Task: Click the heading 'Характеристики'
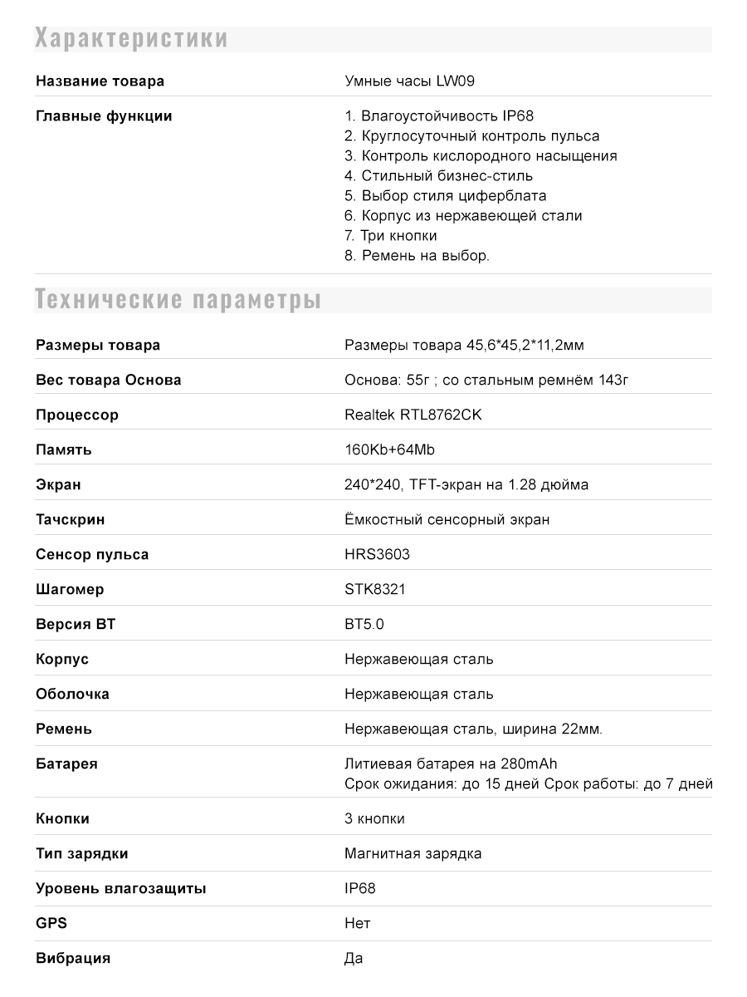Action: (132, 39)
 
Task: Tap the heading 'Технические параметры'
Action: (178, 300)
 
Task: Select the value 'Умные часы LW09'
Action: (409, 81)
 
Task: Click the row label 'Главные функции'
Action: (104, 116)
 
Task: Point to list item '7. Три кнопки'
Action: (390, 236)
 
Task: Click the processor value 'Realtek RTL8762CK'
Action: (413, 415)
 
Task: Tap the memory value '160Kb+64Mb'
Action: (389, 449)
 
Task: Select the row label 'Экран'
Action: (58, 484)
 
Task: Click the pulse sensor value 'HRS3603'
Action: (377, 554)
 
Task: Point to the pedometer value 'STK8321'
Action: (375, 589)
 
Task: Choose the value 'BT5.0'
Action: (364, 624)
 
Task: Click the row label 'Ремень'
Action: (64, 729)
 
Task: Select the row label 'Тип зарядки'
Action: (81, 853)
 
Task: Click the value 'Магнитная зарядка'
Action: (413, 853)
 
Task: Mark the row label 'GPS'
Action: (51, 923)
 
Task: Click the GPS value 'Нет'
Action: (357, 923)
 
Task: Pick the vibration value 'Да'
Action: (354, 958)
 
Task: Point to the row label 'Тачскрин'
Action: (70, 519)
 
